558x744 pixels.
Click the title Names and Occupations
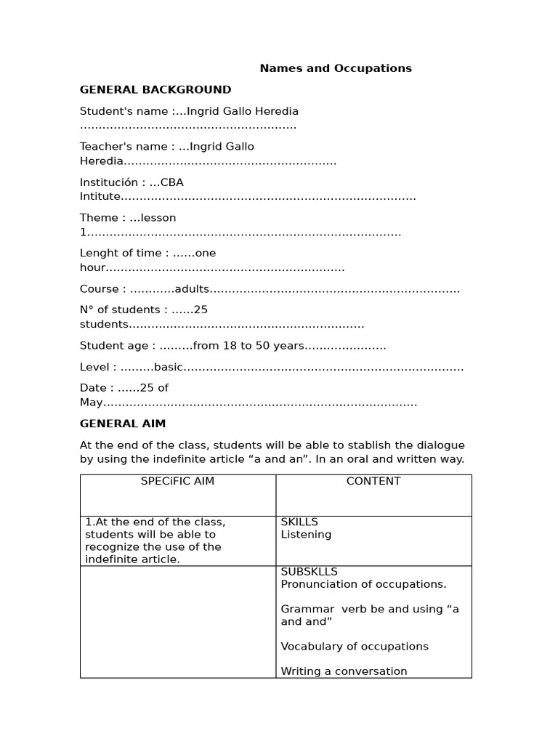click(x=336, y=68)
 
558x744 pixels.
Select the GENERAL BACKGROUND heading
click(x=155, y=90)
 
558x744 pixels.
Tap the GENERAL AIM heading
click(x=123, y=424)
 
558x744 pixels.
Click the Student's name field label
click(x=124, y=111)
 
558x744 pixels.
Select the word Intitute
click(x=100, y=197)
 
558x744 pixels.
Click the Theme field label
click(x=99, y=218)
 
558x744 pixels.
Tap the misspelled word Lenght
click(x=99, y=254)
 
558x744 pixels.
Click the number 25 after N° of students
click(x=201, y=310)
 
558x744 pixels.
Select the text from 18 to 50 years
click(x=239, y=346)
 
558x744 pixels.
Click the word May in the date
click(x=92, y=403)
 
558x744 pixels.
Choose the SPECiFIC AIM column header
click(x=177, y=482)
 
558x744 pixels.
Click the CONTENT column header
click(x=373, y=482)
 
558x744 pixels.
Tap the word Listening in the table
click(x=306, y=535)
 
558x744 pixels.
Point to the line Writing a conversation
click(x=344, y=671)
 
